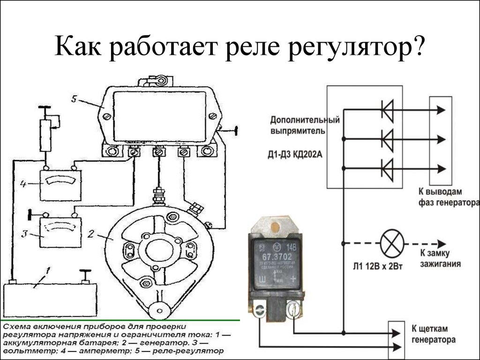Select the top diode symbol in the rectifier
click(x=387, y=110)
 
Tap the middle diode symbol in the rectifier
click(x=387, y=139)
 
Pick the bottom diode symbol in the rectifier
click(x=387, y=168)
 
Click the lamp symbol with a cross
click(x=391, y=244)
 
